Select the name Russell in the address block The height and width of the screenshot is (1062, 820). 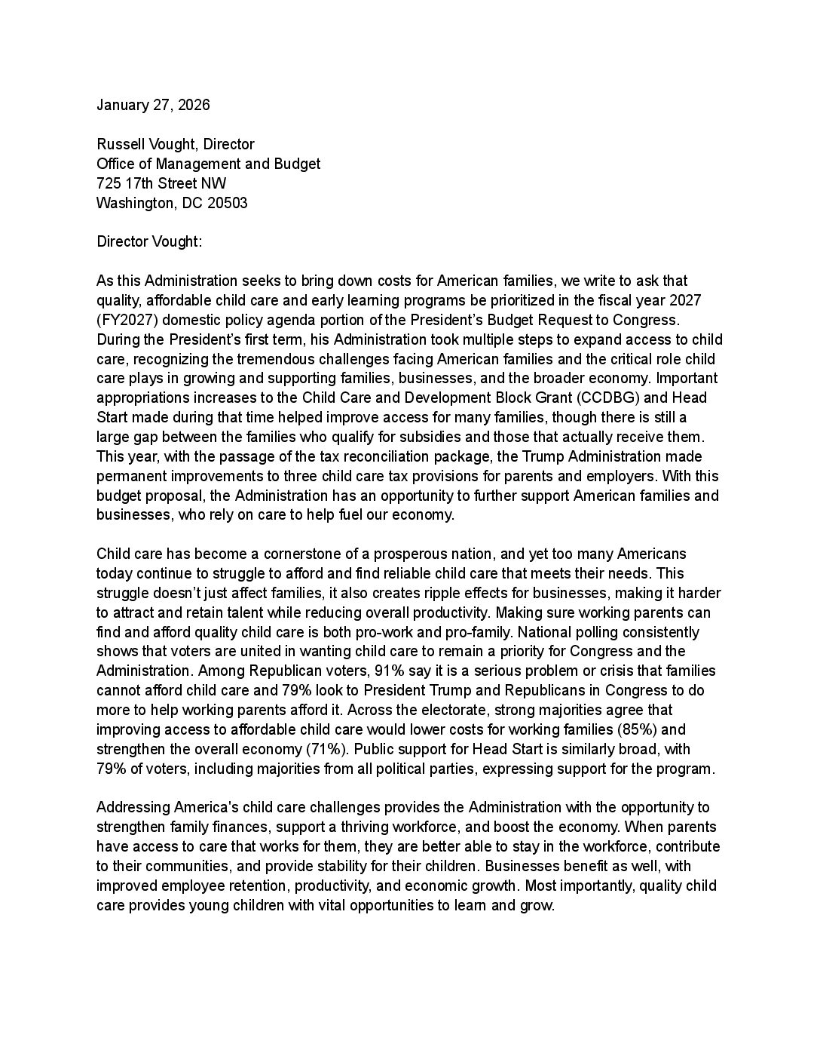(119, 144)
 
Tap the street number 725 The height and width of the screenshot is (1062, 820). (109, 183)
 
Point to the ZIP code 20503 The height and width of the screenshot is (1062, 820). (228, 203)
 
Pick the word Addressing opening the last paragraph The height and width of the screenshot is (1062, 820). (133, 807)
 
